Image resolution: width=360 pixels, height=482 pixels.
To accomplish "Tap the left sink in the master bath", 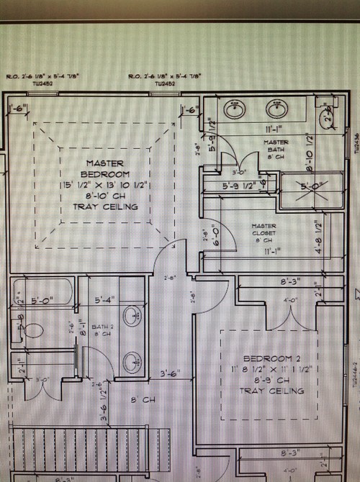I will click(233, 110).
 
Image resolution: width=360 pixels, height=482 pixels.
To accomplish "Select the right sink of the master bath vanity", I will click(274, 110).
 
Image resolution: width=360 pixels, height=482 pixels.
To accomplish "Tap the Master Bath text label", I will click(276, 148).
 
